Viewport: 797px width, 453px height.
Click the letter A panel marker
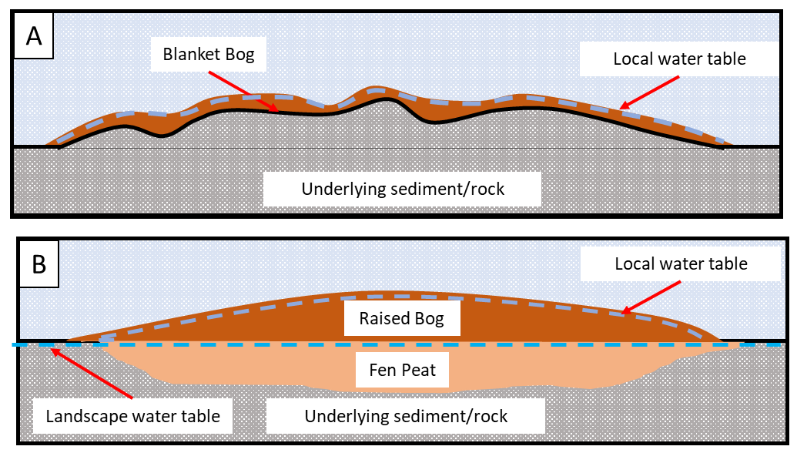pos(34,37)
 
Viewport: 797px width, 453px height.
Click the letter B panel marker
pos(39,264)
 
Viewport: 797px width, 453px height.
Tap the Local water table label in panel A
pos(679,59)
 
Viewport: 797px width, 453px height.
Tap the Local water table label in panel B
pos(681,264)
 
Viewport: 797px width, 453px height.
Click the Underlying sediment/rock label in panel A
pos(403,189)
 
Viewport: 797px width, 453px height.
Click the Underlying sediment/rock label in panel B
pos(406,417)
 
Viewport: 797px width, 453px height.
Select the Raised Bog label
pos(401,318)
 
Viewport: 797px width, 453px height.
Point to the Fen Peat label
pos(403,371)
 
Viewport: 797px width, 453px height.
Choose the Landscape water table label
pos(133,417)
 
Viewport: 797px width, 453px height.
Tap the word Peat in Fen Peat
pos(417,371)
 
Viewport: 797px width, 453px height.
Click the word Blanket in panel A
pos(189,55)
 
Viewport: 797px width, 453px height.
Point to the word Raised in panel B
pos(383,318)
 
